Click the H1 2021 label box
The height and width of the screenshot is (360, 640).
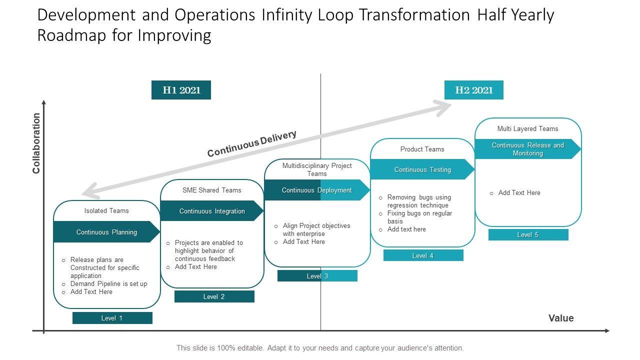pyautogui.click(x=181, y=90)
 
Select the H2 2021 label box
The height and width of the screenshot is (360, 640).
pyautogui.click(x=473, y=90)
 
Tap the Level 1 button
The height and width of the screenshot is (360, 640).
pyautogui.click(x=112, y=318)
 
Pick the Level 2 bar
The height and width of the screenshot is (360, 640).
pyautogui.click(x=214, y=296)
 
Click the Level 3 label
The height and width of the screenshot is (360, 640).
pyautogui.click(x=317, y=276)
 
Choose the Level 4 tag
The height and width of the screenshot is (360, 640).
pyautogui.click(x=423, y=255)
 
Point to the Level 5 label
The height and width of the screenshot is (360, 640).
pyautogui.click(x=528, y=234)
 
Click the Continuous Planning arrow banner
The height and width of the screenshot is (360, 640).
pyautogui.click(x=106, y=232)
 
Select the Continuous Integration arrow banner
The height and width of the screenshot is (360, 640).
pyautogui.click(x=212, y=211)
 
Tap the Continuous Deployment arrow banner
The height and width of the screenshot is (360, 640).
pyautogui.click(x=317, y=190)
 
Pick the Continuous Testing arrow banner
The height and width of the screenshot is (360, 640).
pyautogui.click(x=422, y=169)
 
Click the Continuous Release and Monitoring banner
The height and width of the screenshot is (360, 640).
pyautogui.click(x=527, y=149)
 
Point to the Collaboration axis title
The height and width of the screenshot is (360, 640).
pyautogui.click(x=36, y=143)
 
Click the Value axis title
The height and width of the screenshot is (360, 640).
pyautogui.click(x=561, y=318)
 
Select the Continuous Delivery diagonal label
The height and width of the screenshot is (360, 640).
pyautogui.click(x=252, y=143)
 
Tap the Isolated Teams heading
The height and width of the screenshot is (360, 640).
pyautogui.click(x=106, y=210)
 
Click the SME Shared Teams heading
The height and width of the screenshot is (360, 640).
pyautogui.click(x=212, y=190)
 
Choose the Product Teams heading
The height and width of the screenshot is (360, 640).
pyautogui.click(x=422, y=149)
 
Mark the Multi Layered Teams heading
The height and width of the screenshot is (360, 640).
pyautogui.click(x=527, y=128)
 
